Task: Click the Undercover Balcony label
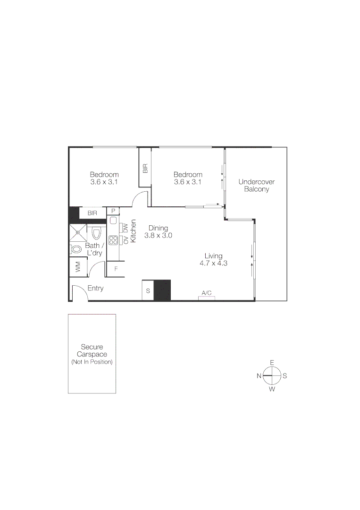(x=256, y=186)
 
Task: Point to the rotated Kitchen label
(x=134, y=231)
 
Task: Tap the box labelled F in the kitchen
(x=116, y=270)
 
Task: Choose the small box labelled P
(x=113, y=211)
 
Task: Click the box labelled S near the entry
(x=148, y=291)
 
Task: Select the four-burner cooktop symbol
(x=113, y=240)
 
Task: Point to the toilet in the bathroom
(x=97, y=233)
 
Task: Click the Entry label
(x=95, y=289)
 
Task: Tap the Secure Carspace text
(x=92, y=350)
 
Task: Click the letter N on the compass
(x=259, y=376)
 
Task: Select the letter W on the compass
(x=272, y=390)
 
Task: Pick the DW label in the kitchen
(x=126, y=228)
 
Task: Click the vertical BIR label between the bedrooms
(x=145, y=168)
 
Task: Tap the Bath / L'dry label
(x=94, y=249)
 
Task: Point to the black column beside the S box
(x=162, y=290)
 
